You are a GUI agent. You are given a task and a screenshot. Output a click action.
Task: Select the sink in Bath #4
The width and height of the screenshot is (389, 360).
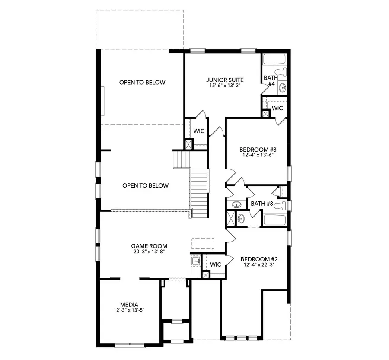click(283, 88)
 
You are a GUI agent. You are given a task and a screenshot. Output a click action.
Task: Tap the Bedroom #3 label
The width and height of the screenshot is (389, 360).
click(258, 150)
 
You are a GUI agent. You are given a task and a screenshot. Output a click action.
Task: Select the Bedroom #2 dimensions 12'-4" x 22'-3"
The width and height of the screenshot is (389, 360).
click(259, 264)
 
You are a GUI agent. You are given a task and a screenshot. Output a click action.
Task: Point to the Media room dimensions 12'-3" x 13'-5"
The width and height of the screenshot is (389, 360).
click(129, 310)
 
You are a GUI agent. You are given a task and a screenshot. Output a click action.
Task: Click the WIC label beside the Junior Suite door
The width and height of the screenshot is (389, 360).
click(199, 131)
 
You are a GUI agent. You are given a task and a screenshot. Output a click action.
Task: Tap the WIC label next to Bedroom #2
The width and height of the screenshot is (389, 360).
click(216, 264)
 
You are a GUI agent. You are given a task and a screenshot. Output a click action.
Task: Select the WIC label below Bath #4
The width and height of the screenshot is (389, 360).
click(277, 108)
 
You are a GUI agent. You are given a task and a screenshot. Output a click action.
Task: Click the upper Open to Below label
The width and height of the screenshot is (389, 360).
click(142, 82)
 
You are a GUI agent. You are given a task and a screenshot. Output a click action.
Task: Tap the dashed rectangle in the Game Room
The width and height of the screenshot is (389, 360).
click(203, 243)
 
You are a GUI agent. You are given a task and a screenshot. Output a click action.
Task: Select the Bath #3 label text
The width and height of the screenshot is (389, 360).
click(261, 204)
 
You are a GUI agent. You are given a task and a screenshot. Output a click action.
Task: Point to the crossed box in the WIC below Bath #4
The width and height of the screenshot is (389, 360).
click(265, 114)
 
